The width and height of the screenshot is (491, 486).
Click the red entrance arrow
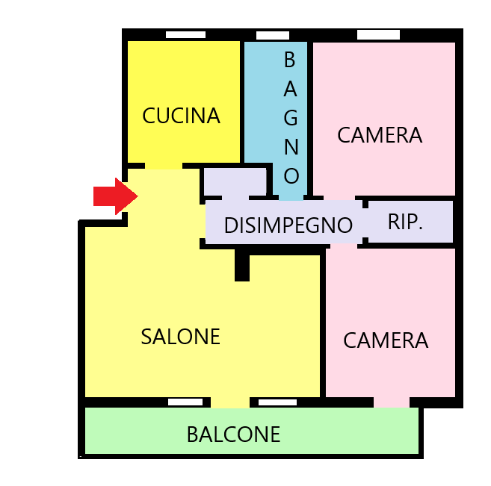click(x=116, y=196)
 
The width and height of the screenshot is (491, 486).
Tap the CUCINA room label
click(x=181, y=116)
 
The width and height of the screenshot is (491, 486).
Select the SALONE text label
click(x=180, y=337)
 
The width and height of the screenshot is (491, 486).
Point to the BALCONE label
click(x=233, y=434)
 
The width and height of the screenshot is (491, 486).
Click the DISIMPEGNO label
click(x=288, y=225)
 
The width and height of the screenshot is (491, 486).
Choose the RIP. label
click(x=405, y=222)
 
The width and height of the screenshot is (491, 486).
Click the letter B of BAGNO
click(x=290, y=60)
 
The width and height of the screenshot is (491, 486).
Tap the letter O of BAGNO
click(x=291, y=175)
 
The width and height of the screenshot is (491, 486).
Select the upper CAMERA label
click(x=380, y=135)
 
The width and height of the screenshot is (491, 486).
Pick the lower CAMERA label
click(x=386, y=340)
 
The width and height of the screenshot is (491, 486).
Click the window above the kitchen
click(x=185, y=34)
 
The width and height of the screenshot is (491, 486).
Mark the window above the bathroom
click(x=273, y=35)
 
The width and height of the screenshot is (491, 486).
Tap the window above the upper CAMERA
click(x=378, y=34)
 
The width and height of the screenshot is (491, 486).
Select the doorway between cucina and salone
click(x=164, y=166)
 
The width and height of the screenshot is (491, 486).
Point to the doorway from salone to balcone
click(x=230, y=402)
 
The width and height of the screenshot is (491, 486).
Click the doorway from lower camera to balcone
click(x=392, y=402)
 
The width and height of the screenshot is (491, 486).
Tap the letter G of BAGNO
click(x=291, y=118)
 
